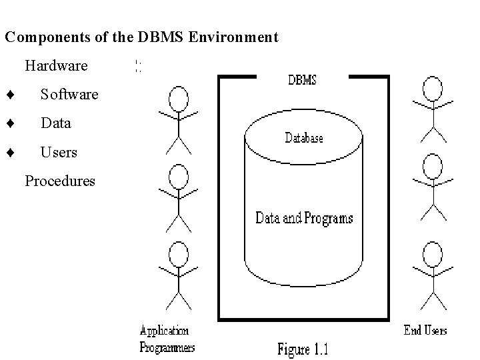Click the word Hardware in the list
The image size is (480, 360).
pyautogui.click(x=56, y=66)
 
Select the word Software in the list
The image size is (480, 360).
pyautogui.click(x=69, y=95)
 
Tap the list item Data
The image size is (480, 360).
pyautogui.click(x=55, y=123)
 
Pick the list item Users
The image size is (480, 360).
pyautogui.click(x=59, y=153)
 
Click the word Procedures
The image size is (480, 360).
pyautogui.click(x=60, y=181)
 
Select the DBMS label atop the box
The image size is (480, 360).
pyautogui.click(x=302, y=81)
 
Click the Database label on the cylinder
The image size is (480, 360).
pyautogui.click(x=304, y=138)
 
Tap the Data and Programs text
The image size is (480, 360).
pyautogui.click(x=304, y=218)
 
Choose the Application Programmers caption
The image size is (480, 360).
pyautogui.click(x=167, y=339)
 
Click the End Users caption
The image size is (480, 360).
pyautogui.click(x=425, y=330)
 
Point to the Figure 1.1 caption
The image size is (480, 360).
pyautogui.click(x=303, y=349)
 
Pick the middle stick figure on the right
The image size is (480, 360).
pyautogui.click(x=433, y=187)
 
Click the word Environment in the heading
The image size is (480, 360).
pyautogui.click(x=233, y=37)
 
